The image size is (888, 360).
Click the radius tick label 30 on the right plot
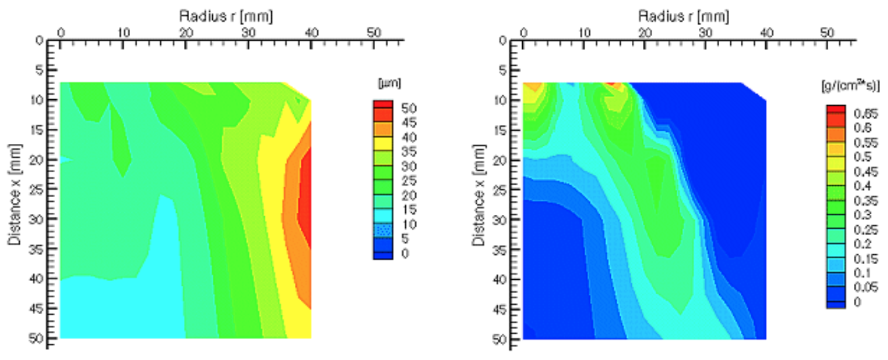(706, 32)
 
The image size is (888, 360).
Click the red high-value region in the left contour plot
(305, 191)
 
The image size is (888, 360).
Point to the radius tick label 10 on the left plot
(123, 32)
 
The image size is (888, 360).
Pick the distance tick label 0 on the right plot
(504, 41)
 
